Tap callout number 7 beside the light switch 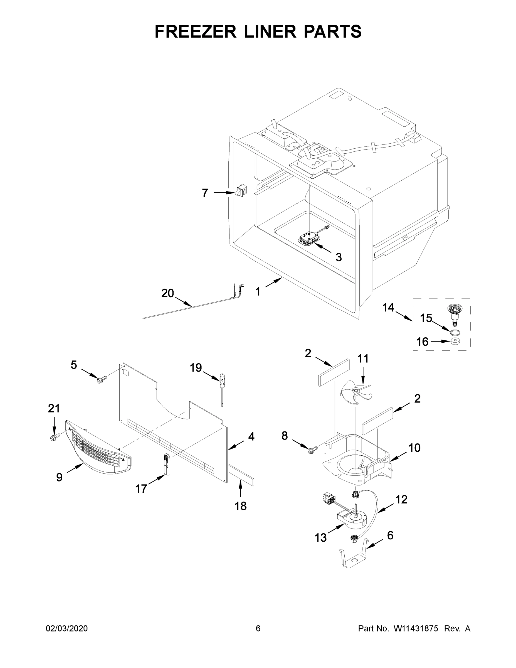click(x=205, y=193)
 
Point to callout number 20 click(x=167, y=293)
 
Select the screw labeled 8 click(x=312, y=449)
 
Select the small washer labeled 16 click(x=455, y=341)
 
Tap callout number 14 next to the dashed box click(x=388, y=307)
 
